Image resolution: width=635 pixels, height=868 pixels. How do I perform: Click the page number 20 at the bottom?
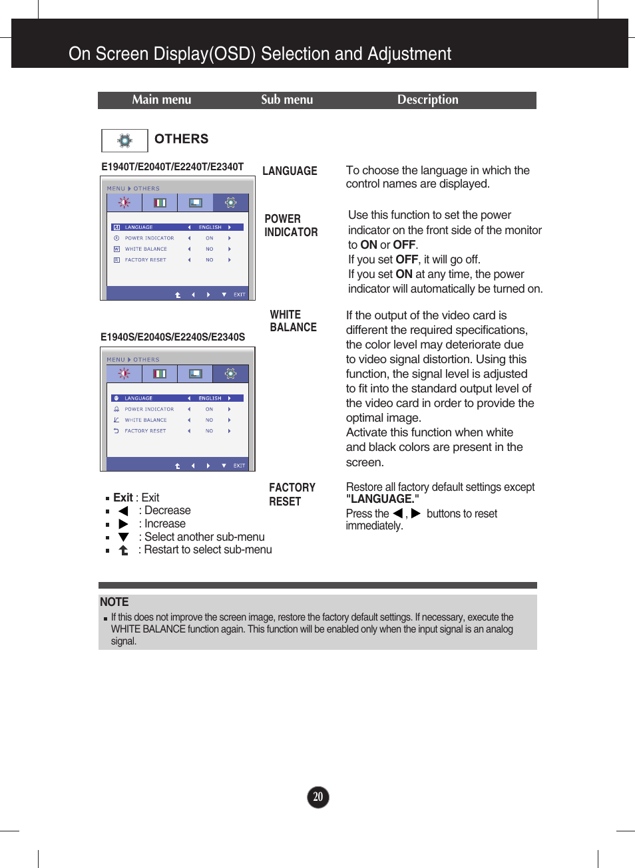coord(318,797)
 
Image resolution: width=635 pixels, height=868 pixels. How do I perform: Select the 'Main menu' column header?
coord(161,100)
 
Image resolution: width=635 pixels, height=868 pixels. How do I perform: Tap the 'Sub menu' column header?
coord(287,100)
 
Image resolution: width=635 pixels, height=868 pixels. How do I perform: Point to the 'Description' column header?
coord(427,100)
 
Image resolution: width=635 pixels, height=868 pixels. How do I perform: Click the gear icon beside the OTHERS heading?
coord(124,140)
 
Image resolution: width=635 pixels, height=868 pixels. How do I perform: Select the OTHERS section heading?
coord(181,139)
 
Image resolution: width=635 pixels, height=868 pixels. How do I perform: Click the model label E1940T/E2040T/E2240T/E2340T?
coord(172,167)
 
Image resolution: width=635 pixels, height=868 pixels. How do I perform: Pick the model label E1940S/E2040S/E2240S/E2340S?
coord(172,337)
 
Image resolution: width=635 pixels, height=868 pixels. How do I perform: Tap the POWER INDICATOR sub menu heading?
coord(291,225)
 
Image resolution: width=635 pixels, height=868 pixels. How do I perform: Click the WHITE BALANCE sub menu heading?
coord(293,321)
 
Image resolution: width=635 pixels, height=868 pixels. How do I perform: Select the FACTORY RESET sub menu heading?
coord(292,494)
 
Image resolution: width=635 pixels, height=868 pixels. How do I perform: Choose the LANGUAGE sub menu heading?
coord(290,171)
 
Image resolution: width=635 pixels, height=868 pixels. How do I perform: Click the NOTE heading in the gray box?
coord(114,602)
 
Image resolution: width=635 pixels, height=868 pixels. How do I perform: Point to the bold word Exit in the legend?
coord(123,498)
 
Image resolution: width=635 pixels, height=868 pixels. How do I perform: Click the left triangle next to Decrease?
coord(123,511)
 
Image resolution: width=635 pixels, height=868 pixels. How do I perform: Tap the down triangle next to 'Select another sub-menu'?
coord(123,537)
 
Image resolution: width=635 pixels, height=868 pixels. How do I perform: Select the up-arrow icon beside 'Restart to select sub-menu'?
coord(123,550)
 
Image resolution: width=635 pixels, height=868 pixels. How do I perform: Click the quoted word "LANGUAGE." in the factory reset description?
coord(382,499)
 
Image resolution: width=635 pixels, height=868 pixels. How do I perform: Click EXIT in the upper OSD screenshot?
coord(239,295)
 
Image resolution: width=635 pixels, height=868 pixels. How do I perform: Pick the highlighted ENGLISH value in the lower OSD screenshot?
coord(210,398)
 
